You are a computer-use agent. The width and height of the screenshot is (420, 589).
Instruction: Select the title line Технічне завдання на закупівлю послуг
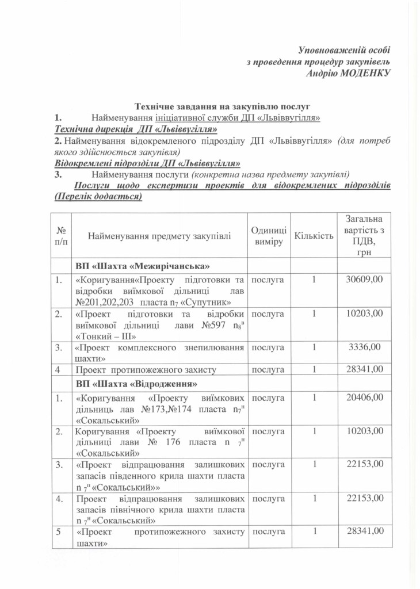pyautogui.click(x=222, y=106)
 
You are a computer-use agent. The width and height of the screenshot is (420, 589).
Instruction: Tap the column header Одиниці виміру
pyautogui.click(x=269, y=236)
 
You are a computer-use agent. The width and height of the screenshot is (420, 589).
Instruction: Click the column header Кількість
pyautogui.click(x=314, y=236)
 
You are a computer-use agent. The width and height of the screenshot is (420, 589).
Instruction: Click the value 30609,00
pyautogui.click(x=364, y=280)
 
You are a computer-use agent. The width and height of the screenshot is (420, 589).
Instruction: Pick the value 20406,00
pyautogui.click(x=364, y=397)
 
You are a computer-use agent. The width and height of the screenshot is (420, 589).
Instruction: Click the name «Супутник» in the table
pyautogui.click(x=205, y=302)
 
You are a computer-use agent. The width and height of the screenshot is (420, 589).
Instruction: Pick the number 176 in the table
pyautogui.click(x=170, y=442)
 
